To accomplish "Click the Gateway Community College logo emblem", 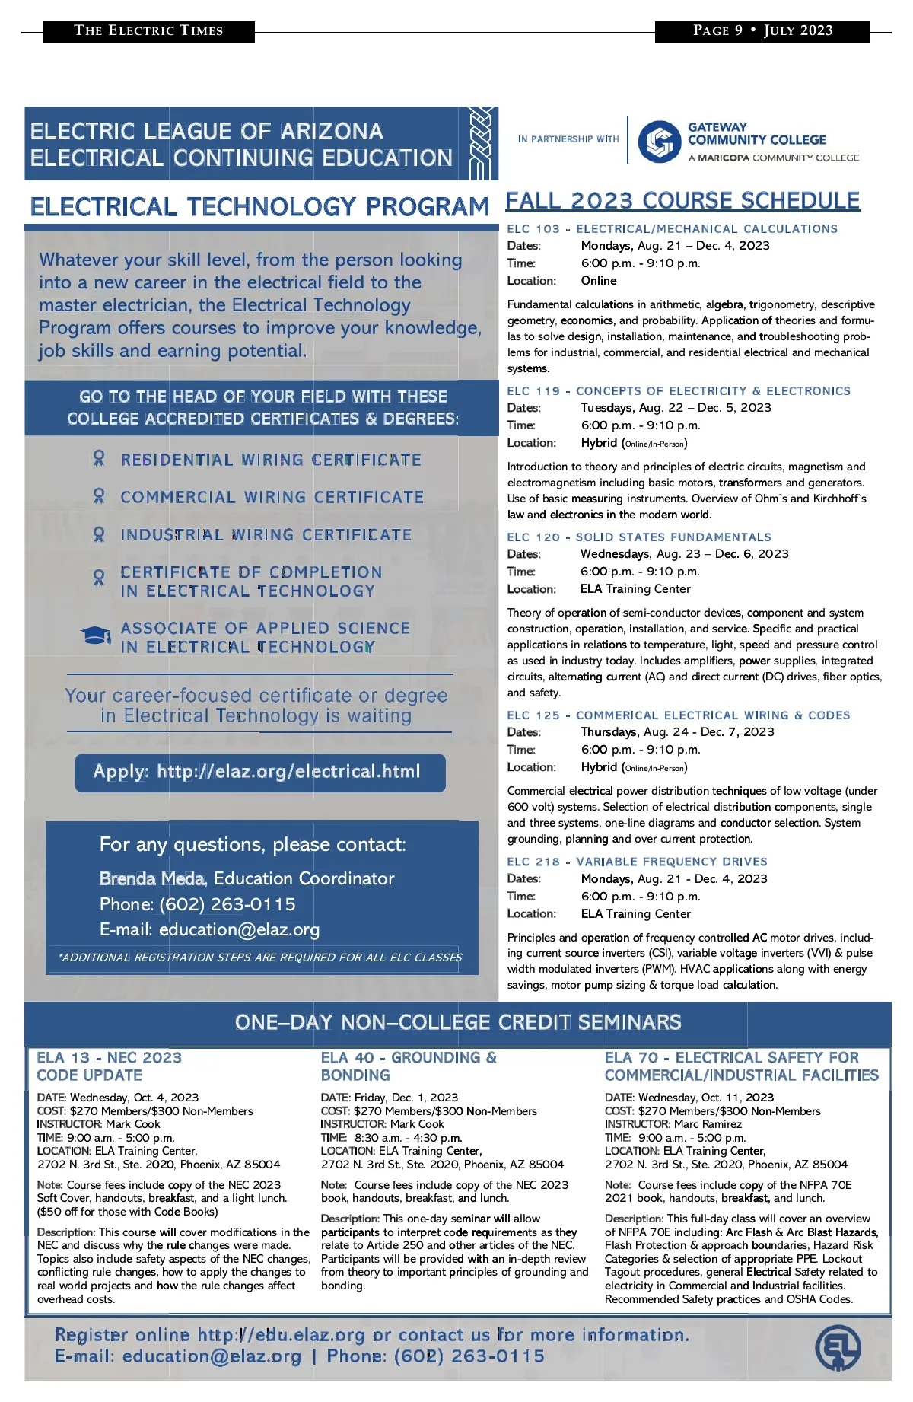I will pyautogui.click(x=659, y=142).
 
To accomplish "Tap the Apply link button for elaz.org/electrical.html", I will pyautogui.click(x=260, y=772).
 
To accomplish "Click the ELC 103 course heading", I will pyautogui.click(x=672, y=229).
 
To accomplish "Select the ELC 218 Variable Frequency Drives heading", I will pyautogui.click(x=637, y=862).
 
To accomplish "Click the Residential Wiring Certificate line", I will pyautogui.click(x=270, y=460).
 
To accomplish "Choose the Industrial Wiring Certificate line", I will pyautogui.click(x=266, y=535).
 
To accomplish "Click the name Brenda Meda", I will pyautogui.click(x=152, y=878).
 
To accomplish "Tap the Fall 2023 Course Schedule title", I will pyautogui.click(x=682, y=201).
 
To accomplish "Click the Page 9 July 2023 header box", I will pyautogui.click(x=762, y=31).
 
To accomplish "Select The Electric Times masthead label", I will pyautogui.click(x=148, y=31).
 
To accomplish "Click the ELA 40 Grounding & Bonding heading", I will pyautogui.click(x=409, y=1066).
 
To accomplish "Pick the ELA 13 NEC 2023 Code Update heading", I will pyautogui.click(x=110, y=1066).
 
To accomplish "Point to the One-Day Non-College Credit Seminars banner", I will pyautogui.click(x=457, y=1022).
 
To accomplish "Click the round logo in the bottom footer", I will pyautogui.click(x=838, y=1348).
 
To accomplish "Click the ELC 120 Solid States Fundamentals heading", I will pyautogui.click(x=639, y=537).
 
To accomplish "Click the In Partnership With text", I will pyautogui.click(x=568, y=139).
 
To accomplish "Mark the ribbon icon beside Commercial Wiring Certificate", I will pyautogui.click(x=98, y=497).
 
